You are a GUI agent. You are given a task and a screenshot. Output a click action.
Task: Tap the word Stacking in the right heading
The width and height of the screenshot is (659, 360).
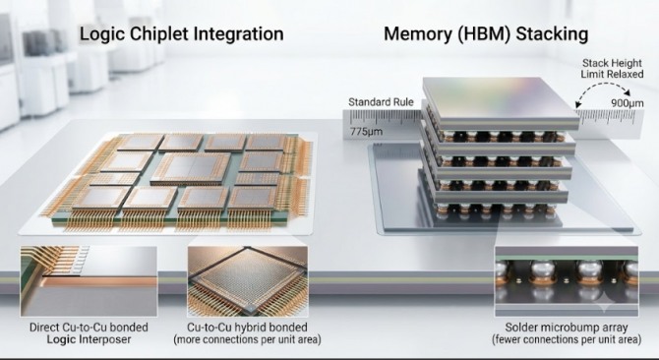[552, 34]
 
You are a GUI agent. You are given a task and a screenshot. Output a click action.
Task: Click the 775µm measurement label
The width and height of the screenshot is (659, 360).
[366, 132]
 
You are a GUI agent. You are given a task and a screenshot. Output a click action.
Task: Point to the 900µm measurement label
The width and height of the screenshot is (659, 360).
[628, 102]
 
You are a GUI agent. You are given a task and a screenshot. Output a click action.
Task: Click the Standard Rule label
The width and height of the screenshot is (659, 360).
[381, 102]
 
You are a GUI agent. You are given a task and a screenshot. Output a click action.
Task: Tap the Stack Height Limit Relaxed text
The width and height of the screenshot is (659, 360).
[612, 69]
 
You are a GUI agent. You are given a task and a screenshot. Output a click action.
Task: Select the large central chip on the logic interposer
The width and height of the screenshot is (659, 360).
[191, 169]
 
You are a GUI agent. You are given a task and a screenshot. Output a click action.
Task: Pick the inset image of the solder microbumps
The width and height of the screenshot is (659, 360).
[567, 281]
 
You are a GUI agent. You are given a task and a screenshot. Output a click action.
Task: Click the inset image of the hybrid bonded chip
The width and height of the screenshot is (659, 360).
[248, 281]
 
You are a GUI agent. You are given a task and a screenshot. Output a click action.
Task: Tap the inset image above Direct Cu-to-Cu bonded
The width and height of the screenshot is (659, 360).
[89, 281]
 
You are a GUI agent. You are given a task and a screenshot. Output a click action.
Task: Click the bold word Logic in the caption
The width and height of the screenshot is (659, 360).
[61, 339]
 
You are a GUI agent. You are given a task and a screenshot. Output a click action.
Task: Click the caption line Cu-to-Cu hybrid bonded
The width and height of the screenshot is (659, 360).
[247, 328]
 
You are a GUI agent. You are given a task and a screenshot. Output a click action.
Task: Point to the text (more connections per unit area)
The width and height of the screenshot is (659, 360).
[247, 339]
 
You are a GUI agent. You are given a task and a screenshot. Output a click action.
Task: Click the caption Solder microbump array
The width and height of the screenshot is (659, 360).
[567, 328]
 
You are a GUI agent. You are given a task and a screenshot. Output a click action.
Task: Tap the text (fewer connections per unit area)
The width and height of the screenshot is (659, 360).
[567, 339]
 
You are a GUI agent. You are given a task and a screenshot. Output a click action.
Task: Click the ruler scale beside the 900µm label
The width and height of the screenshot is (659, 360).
[610, 117]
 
